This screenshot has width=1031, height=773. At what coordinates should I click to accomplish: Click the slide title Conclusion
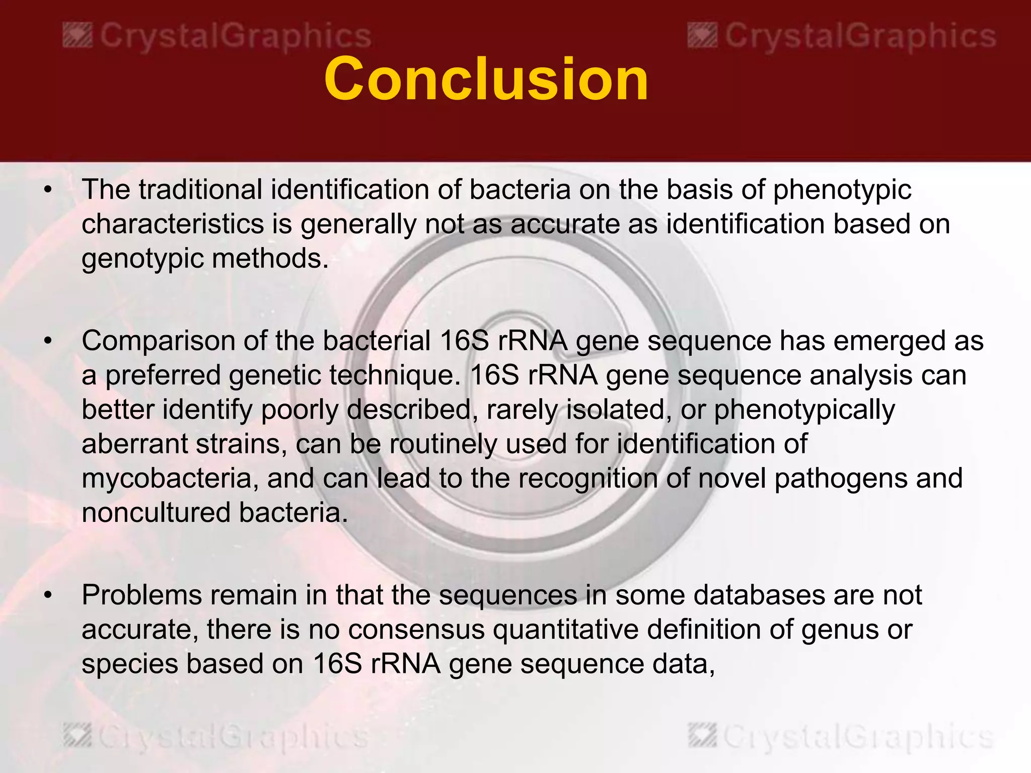[486, 80]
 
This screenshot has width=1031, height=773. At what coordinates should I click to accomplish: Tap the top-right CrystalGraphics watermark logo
[842, 37]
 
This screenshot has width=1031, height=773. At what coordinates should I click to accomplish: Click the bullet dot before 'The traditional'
[48, 191]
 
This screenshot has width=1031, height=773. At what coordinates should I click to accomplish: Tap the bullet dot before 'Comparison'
[48, 342]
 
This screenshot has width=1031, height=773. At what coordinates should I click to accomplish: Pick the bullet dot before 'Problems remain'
[48, 596]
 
